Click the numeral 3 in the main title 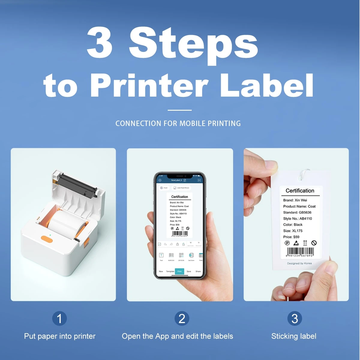point(100,43)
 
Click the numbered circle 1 point(59,319)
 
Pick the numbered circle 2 point(182,319)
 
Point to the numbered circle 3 point(295,319)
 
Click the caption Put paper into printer point(60,336)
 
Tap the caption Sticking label point(294,336)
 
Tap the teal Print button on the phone point(179,271)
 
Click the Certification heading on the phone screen point(179,197)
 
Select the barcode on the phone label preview point(180,233)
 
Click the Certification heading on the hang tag point(300,191)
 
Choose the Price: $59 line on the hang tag point(291,237)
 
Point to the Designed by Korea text point(299,263)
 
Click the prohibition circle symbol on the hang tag point(314,243)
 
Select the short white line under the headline point(179,110)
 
